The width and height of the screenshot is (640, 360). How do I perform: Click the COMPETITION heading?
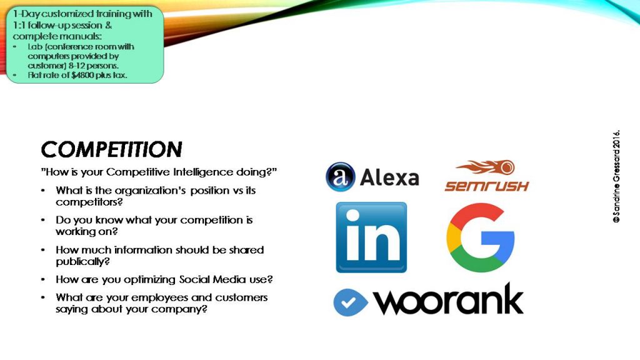tap(111, 149)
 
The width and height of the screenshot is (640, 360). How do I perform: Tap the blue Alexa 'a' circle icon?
tap(341, 177)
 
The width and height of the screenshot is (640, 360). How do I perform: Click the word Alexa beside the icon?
tap(389, 177)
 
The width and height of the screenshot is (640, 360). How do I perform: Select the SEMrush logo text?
tap(486, 186)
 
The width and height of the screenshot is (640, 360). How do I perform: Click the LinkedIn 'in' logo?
tap(371, 237)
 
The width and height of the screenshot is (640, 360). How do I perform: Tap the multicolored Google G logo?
tap(481, 237)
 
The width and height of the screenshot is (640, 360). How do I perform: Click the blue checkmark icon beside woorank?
tap(350, 302)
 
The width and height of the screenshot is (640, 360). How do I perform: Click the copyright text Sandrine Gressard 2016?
tap(616, 176)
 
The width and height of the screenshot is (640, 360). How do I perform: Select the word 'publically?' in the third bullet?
tap(83, 262)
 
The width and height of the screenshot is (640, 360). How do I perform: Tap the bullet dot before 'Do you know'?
tap(43, 220)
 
